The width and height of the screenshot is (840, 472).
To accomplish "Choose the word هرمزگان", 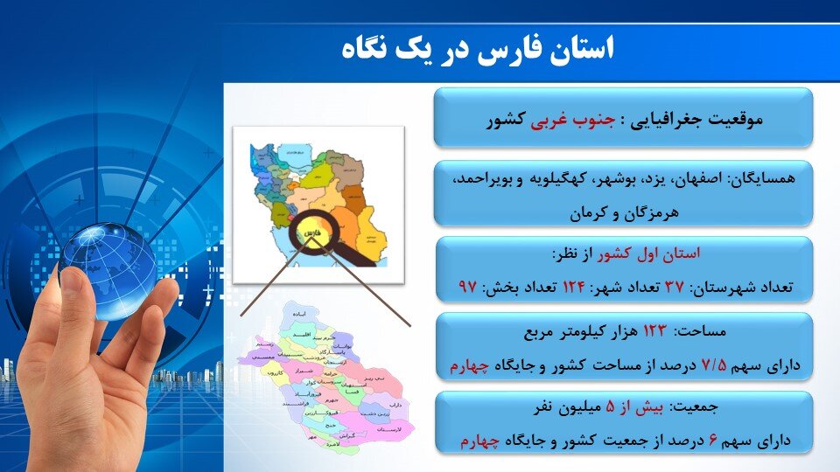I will (x=653, y=212).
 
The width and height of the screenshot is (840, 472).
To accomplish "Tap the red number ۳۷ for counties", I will (x=675, y=287).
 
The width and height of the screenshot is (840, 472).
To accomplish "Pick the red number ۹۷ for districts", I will (x=468, y=287).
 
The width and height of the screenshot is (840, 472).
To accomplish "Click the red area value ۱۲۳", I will (x=654, y=332).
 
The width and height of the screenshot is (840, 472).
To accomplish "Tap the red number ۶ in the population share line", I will (x=714, y=441).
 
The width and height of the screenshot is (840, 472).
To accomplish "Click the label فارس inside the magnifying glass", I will (x=309, y=235).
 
